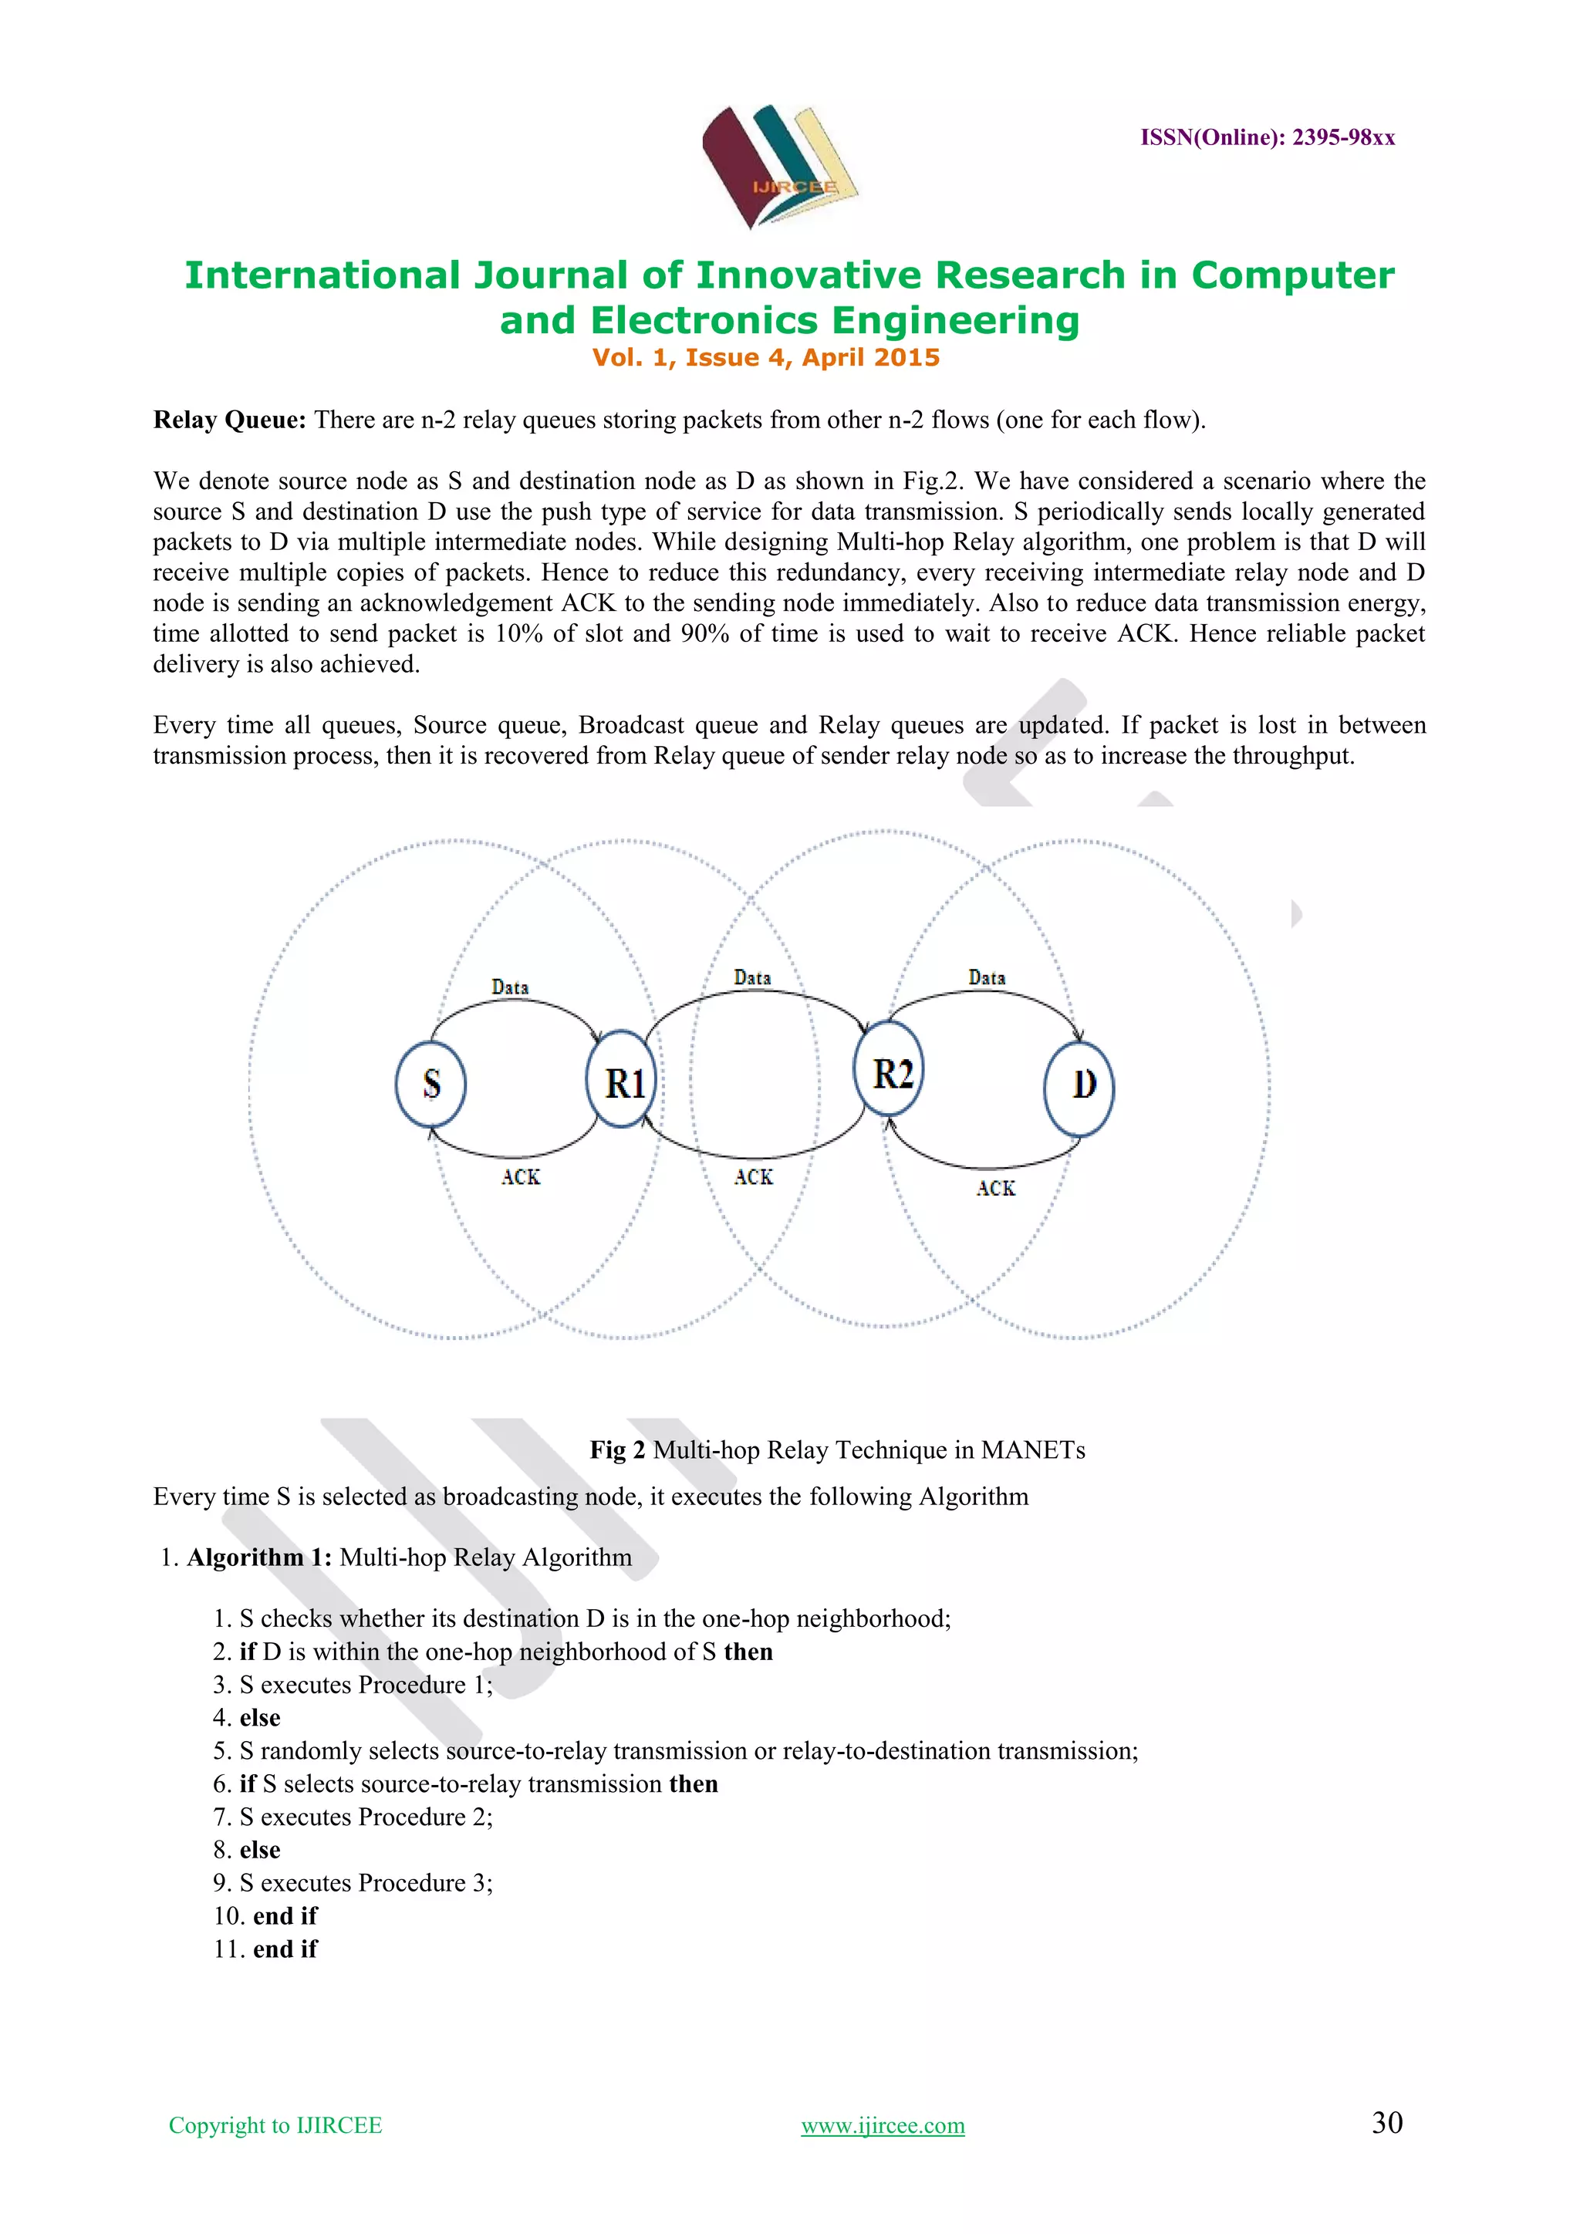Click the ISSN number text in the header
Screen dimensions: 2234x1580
click(x=1267, y=137)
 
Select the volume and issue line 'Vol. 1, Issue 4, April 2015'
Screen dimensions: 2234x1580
click(x=765, y=358)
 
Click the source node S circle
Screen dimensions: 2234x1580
click(x=431, y=1084)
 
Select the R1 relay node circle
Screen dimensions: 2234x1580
click(x=623, y=1080)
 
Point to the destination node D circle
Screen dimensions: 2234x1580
click(x=1080, y=1088)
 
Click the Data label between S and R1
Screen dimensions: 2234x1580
click(x=510, y=987)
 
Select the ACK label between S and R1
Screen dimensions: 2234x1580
click(x=521, y=1177)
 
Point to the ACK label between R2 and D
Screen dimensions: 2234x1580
click(x=995, y=1189)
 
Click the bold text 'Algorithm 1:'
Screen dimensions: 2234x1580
click(x=258, y=1557)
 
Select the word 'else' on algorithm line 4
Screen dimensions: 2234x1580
click(x=260, y=1718)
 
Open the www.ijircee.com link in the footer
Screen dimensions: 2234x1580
click(x=883, y=2126)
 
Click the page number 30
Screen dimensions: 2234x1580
click(x=1386, y=2123)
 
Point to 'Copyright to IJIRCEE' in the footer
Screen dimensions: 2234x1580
click(x=275, y=2126)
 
